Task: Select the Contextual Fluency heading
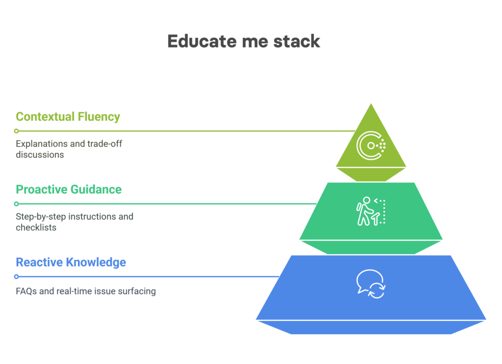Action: (68, 117)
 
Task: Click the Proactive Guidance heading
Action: (69, 189)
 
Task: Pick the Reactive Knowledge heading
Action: (71, 262)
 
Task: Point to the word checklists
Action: (36, 228)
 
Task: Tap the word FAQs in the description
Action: (26, 291)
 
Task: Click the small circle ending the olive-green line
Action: (16, 131)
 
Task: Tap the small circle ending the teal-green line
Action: (16, 204)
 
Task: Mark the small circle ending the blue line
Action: (16, 277)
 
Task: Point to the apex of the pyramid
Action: (371, 104)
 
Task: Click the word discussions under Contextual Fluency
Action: (40, 155)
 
